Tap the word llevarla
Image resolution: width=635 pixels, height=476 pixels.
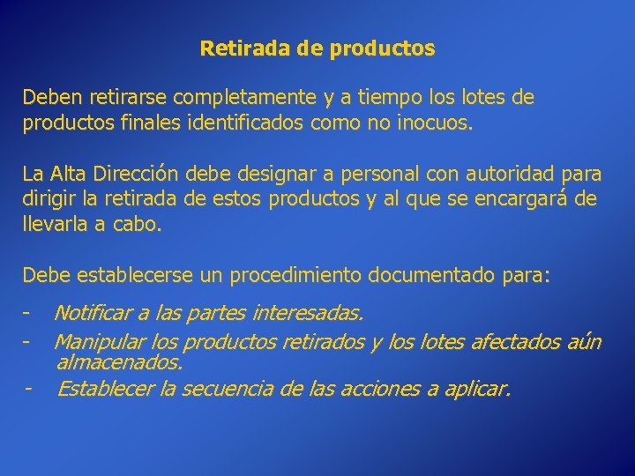tap(56, 224)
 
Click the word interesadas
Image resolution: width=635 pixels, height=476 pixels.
tap(308, 313)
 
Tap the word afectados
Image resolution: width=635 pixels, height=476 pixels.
tap(509, 341)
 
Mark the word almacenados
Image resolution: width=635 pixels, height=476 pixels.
tap(119, 362)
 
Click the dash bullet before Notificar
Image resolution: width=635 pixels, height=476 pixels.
tap(29, 313)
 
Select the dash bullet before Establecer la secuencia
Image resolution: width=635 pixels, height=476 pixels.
tap(29, 388)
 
